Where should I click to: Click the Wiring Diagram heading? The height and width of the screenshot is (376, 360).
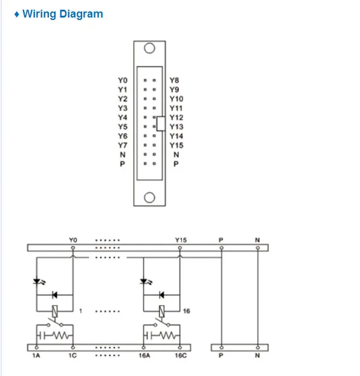(x=63, y=14)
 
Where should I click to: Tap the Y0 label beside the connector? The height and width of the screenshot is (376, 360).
(x=123, y=80)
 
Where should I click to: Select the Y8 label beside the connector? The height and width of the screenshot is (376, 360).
(x=174, y=80)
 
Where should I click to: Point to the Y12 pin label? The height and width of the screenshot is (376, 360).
(x=176, y=117)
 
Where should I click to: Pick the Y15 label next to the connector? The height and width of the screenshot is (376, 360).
(x=176, y=145)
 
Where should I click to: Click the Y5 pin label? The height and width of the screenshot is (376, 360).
(x=123, y=127)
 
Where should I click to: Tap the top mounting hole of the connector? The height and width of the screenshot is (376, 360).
(x=149, y=48)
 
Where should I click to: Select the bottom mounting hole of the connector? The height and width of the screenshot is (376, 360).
(x=149, y=198)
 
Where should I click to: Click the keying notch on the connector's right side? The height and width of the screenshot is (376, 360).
(x=161, y=124)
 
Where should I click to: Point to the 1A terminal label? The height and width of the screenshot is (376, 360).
(x=36, y=355)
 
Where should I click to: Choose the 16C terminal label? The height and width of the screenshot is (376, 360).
(x=181, y=355)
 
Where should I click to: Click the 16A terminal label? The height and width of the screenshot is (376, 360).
(x=144, y=355)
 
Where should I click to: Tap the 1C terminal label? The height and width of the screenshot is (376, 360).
(x=72, y=355)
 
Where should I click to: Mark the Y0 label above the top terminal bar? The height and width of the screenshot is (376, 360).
(x=73, y=240)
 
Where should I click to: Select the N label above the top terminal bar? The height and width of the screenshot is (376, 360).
(x=257, y=240)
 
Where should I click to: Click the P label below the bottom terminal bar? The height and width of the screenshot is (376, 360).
(x=221, y=355)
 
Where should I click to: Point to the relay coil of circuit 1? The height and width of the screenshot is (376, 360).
(x=55, y=311)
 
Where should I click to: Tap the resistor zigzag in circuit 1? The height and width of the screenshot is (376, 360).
(x=60, y=335)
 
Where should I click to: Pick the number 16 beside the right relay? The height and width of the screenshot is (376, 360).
(x=187, y=311)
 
